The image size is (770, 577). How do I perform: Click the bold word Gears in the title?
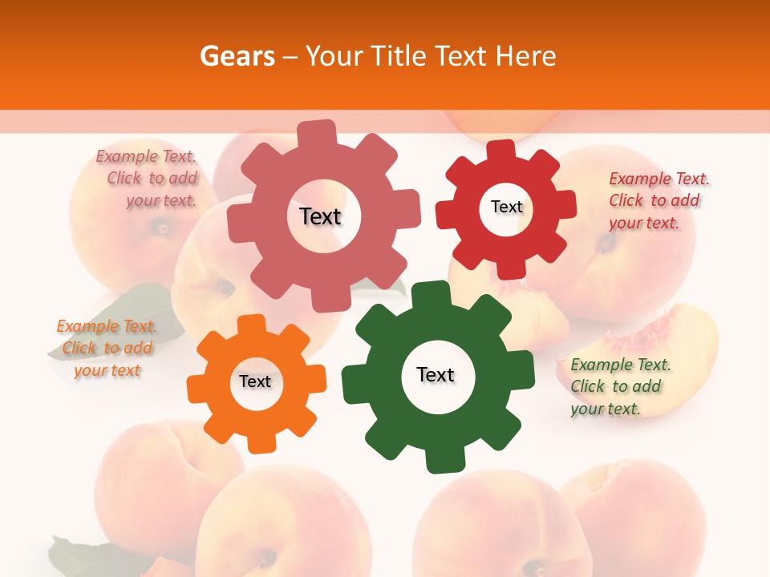point(237,56)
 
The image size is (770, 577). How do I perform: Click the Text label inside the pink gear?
point(320,216)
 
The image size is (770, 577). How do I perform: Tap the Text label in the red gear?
point(506,207)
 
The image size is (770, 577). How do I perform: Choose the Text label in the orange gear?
point(255,381)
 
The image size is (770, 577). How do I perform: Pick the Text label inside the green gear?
point(436,374)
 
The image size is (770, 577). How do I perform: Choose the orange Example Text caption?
point(107,348)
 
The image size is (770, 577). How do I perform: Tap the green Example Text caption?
point(619,386)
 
